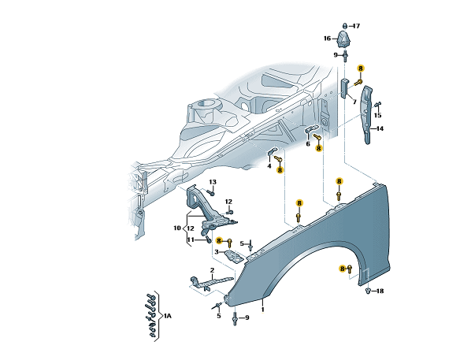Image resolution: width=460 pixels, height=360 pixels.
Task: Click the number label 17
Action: (356, 26)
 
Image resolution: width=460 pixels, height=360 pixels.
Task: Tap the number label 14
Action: (380, 128)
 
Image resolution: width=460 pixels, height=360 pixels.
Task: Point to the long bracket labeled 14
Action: (367, 114)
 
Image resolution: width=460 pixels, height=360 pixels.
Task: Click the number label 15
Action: (378, 115)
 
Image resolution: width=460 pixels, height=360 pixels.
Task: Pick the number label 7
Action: (354, 102)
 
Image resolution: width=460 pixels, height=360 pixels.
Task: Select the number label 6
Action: (308, 144)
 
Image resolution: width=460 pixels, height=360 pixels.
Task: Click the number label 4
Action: (269, 166)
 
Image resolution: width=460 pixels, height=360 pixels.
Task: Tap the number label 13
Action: (213, 182)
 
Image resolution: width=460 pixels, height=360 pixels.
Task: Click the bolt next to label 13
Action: (211, 193)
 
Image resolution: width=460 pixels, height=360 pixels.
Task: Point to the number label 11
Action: (191, 240)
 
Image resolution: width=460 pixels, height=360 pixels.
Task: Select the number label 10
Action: (177, 228)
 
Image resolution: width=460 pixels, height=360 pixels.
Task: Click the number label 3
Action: (217, 252)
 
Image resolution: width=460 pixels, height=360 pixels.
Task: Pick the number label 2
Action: (212, 270)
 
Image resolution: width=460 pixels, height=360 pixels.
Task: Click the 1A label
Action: (168, 316)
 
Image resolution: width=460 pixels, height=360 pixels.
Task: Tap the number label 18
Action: (380, 291)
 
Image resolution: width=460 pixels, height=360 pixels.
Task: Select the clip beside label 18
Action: (368, 291)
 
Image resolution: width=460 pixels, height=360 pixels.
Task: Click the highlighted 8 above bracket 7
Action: (361, 69)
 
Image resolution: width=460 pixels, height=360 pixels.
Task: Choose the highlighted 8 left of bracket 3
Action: (219, 241)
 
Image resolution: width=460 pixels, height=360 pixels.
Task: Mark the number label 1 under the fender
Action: (263, 310)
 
